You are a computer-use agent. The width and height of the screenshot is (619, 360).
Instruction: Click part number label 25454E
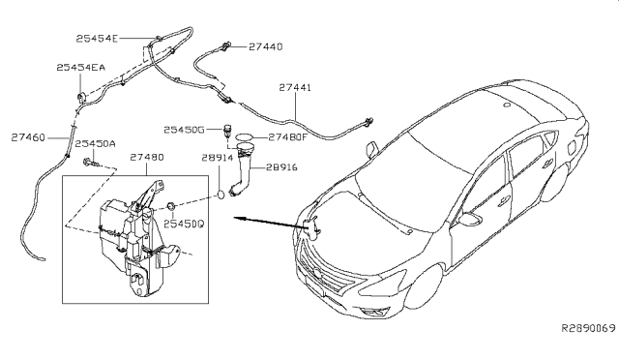(x=97, y=38)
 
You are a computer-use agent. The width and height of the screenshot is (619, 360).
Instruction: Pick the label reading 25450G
(x=184, y=129)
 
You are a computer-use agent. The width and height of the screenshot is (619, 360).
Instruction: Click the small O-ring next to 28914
(x=222, y=194)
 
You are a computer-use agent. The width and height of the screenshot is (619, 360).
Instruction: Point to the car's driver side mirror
(x=372, y=148)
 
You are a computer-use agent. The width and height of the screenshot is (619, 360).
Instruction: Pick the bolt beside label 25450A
(x=89, y=161)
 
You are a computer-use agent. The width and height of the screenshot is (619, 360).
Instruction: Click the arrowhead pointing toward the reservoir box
(x=234, y=221)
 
